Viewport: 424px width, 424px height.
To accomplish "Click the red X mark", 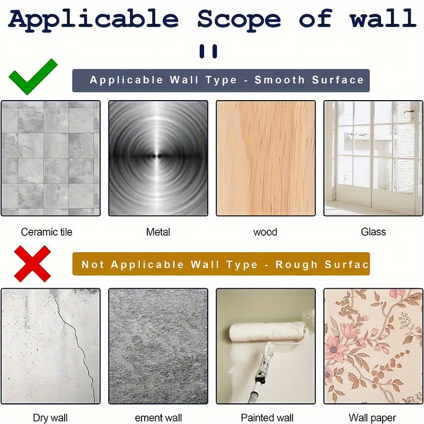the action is point(32,263).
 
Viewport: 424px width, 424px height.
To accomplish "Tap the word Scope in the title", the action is point(239,20).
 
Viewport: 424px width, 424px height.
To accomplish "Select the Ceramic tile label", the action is point(47,232).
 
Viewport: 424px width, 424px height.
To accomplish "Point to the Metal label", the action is point(158,232).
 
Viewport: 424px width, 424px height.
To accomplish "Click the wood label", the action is point(266,232).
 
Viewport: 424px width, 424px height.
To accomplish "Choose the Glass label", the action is point(373,232).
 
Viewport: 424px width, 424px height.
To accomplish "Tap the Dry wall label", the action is point(50,418).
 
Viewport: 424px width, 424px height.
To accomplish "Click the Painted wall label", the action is point(267,418).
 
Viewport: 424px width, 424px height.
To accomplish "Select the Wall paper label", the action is point(373,418).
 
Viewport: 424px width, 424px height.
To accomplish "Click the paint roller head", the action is point(268,332).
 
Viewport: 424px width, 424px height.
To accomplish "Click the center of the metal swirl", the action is point(158,156).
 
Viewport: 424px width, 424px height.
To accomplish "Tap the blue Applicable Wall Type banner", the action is point(220,81).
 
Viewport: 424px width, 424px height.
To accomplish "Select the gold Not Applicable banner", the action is point(221,264).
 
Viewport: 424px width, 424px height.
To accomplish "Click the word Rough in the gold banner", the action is point(296,264).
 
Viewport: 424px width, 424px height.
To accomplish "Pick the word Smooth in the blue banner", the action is point(279,80).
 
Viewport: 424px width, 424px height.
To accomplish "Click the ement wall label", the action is point(158,418).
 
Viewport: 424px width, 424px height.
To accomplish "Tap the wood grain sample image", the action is point(266,158).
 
